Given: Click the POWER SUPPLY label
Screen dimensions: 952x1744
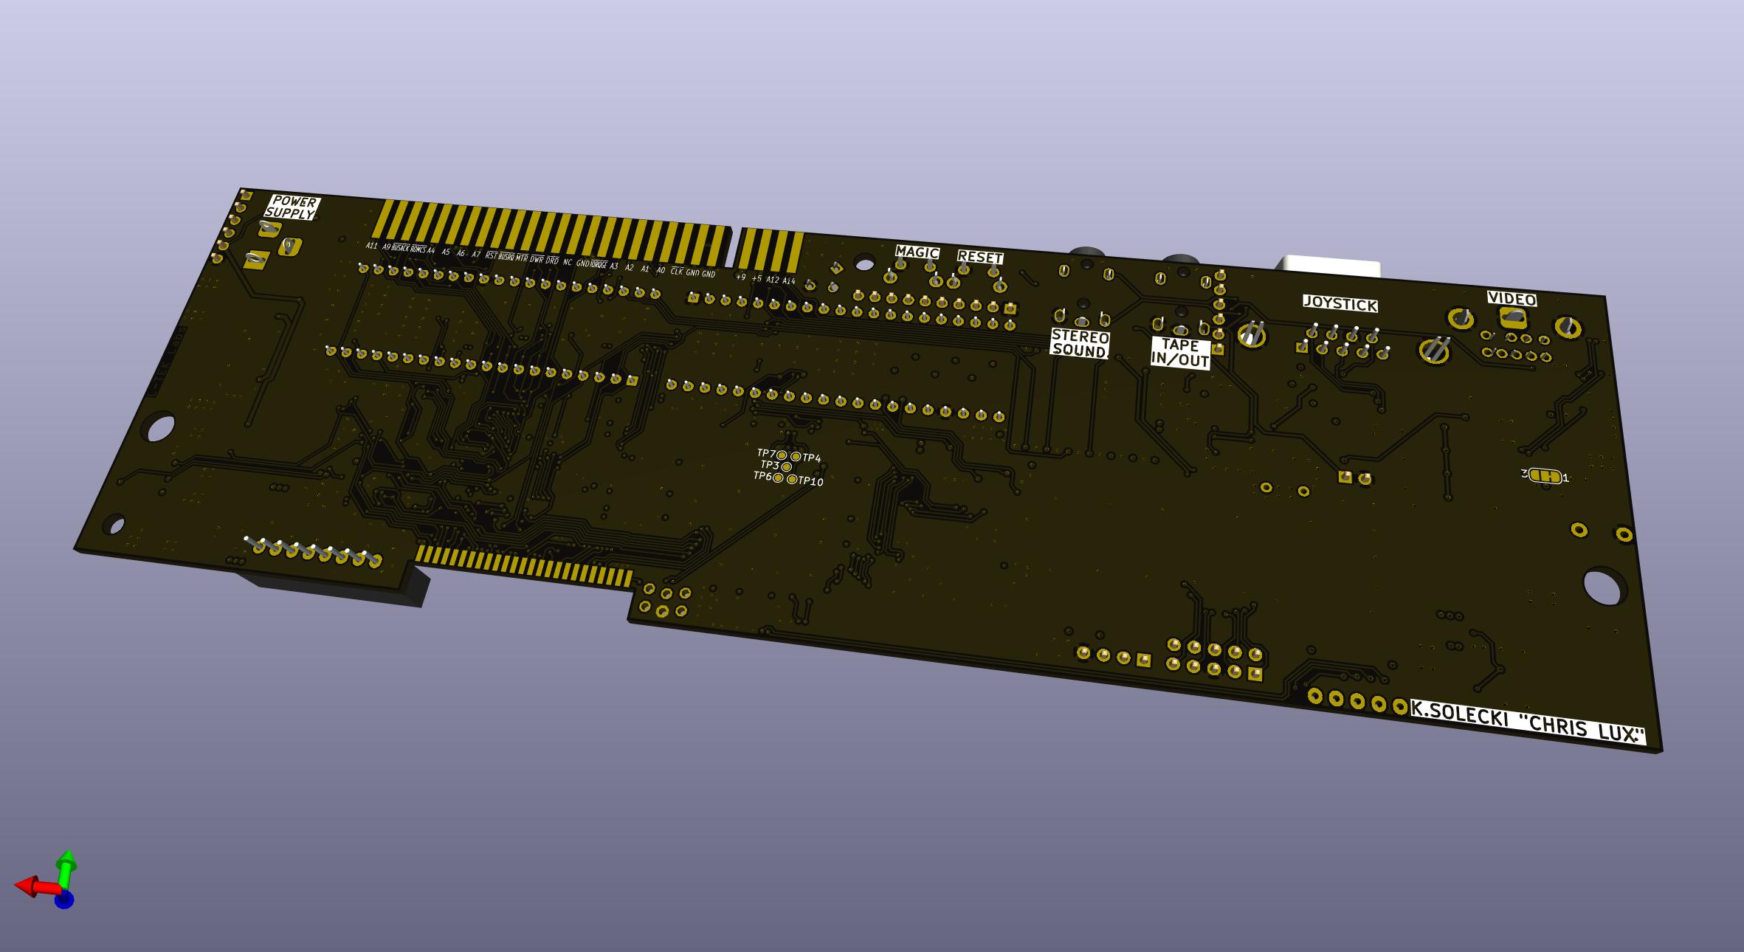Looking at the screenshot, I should click(x=292, y=207).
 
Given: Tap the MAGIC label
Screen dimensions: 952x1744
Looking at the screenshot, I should click(x=917, y=252).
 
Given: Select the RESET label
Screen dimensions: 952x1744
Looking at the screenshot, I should click(x=980, y=258).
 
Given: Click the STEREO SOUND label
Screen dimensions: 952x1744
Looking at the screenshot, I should click(x=1080, y=344).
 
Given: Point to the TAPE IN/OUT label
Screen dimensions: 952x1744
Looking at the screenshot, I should click(x=1180, y=353).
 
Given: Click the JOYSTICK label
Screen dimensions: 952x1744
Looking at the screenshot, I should click(x=1340, y=304).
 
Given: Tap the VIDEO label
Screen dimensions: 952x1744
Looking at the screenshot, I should click(x=1512, y=299).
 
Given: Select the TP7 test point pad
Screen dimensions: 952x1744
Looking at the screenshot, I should click(x=782, y=455).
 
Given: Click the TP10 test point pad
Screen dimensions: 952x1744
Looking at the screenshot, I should click(x=792, y=480).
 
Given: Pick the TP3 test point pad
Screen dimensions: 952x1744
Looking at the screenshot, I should click(x=787, y=467).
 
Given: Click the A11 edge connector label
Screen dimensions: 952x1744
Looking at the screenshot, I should click(x=371, y=246).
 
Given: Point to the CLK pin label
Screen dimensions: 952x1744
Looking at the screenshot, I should click(x=676, y=271).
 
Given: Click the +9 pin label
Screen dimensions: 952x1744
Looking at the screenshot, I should click(x=741, y=277).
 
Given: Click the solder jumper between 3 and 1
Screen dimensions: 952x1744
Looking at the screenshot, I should click(x=1545, y=476).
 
